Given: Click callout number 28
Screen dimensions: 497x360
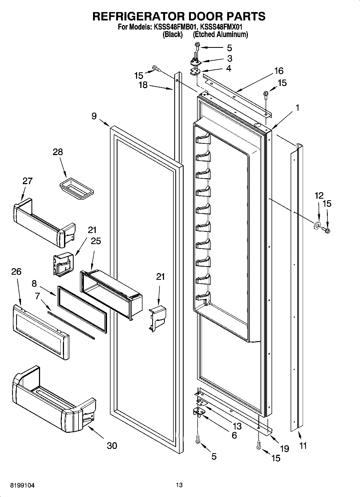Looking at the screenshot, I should click(x=58, y=152).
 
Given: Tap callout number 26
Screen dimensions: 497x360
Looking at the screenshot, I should click(x=16, y=271).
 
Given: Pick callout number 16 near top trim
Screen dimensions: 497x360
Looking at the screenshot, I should click(x=279, y=71).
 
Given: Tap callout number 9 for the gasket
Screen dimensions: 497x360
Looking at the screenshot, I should click(x=94, y=116).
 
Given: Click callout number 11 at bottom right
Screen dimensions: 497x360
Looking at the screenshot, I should click(x=303, y=446).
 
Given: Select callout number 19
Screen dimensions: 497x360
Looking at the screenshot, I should click(x=284, y=448).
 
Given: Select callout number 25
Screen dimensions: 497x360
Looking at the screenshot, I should click(x=96, y=241).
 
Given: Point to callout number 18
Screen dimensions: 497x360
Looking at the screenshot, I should click(x=143, y=85).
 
